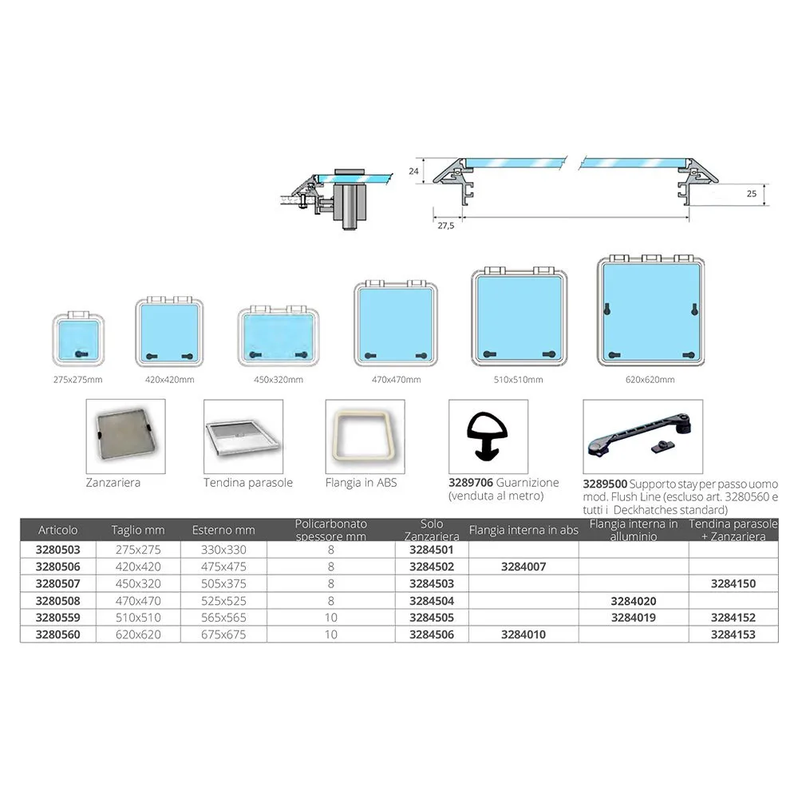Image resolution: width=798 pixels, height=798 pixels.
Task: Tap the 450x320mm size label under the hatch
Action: (273, 380)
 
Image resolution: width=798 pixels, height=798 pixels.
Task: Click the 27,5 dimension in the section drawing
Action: (444, 226)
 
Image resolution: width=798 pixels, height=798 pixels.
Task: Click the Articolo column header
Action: (57, 530)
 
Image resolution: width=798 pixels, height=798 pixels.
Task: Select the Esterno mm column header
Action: (223, 530)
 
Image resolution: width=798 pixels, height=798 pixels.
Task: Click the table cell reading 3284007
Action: (523, 567)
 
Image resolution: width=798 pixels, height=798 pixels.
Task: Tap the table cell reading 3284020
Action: (633, 600)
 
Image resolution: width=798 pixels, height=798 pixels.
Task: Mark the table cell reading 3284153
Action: (733, 634)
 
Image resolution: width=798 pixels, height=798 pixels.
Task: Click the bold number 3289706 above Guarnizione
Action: (471, 483)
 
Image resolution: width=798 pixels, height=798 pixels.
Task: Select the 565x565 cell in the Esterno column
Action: (223, 618)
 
